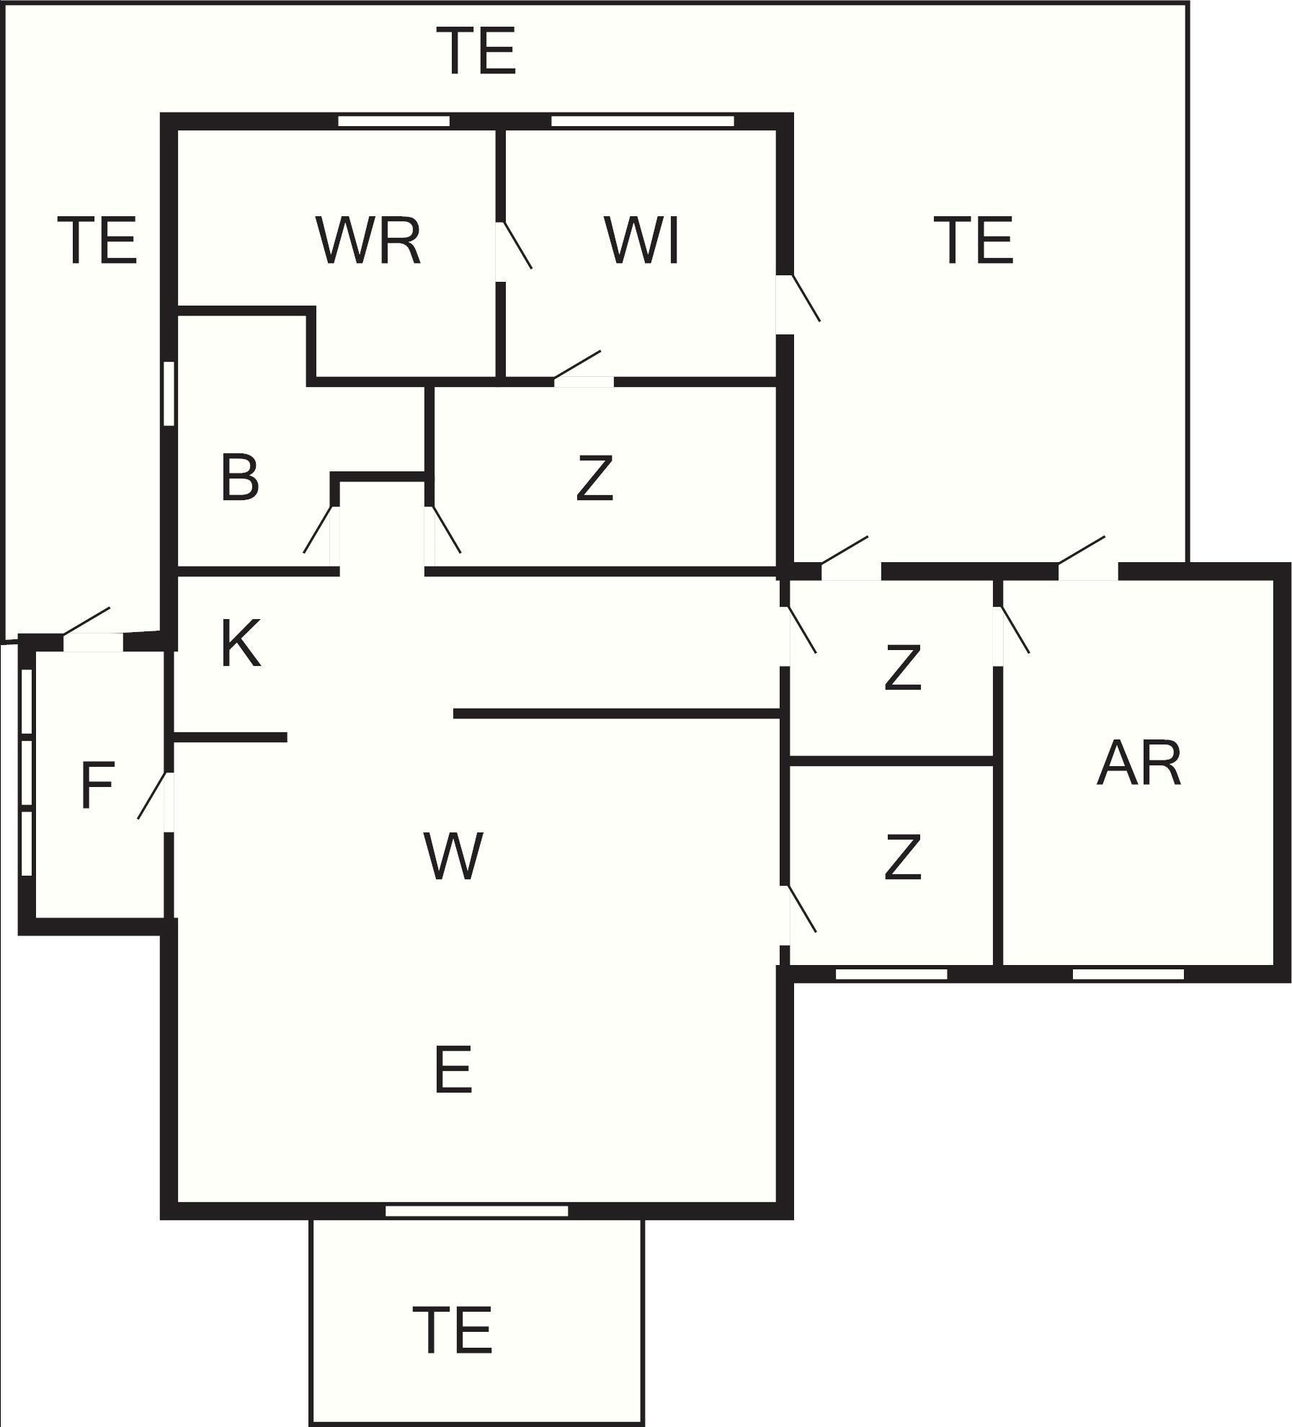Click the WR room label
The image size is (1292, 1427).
[x=368, y=240]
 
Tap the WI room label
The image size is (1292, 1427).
[x=643, y=240]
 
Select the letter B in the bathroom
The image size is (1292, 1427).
[x=240, y=477]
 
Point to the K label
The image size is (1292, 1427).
[x=240, y=644]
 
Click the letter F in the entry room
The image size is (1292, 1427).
[x=97, y=786]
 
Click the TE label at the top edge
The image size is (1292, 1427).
[x=479, y=50]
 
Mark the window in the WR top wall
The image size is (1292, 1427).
[x=393, y=121]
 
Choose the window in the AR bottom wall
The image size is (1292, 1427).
[x=1128, y=974]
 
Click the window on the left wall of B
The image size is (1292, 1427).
[x=169, y=394]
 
